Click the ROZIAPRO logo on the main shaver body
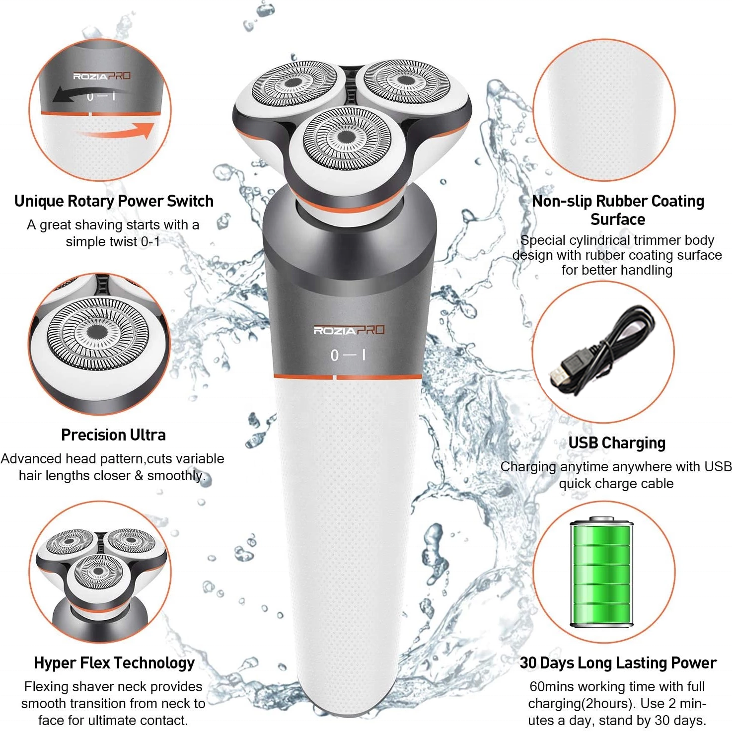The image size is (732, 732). point(349,330)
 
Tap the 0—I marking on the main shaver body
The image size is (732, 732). point(349,355)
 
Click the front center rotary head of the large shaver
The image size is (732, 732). point(347,139)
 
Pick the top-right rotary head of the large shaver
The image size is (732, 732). point(406,81)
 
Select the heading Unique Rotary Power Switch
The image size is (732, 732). point(114,201)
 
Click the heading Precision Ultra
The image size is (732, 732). point(113,435)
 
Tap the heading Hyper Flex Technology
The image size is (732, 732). point(114,662)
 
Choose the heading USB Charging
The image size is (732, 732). point(617,442)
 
